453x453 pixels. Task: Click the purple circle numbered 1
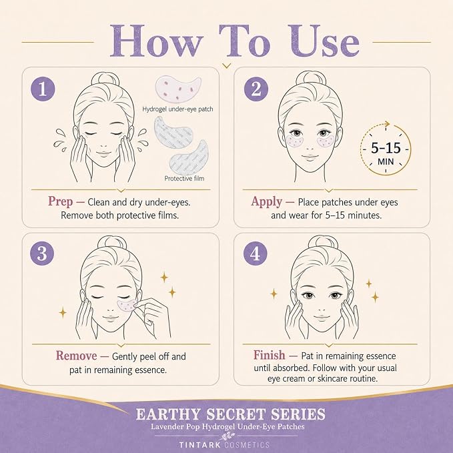[x=43, y=89]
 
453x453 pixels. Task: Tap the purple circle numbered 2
[x=256, y=89]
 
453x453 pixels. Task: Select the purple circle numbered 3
[x=42, y=253]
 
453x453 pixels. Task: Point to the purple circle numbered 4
[x=255, y=253]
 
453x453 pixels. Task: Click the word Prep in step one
[x=61, y=201]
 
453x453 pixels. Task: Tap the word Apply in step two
[x=266, y=201]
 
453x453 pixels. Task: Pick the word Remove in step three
[x=77, y=356]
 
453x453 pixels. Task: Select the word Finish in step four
[x=270, y=355]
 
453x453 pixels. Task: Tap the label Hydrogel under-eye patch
[x=177, y=109]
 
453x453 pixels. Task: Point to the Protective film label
[x=184, y=179]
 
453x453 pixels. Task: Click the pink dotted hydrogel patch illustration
[x=178, y=89]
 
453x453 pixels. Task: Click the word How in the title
[x=155, y=41]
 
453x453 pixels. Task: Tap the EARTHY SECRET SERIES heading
[x=231, y=414]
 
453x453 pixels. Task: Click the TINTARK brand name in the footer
[x=200, y=444]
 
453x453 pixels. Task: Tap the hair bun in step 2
[x=311, y=78]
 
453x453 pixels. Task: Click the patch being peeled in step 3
[x=127, y=306]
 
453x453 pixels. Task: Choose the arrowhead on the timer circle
[x=386, y=124]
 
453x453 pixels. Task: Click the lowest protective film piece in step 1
[x=189, y=157]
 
